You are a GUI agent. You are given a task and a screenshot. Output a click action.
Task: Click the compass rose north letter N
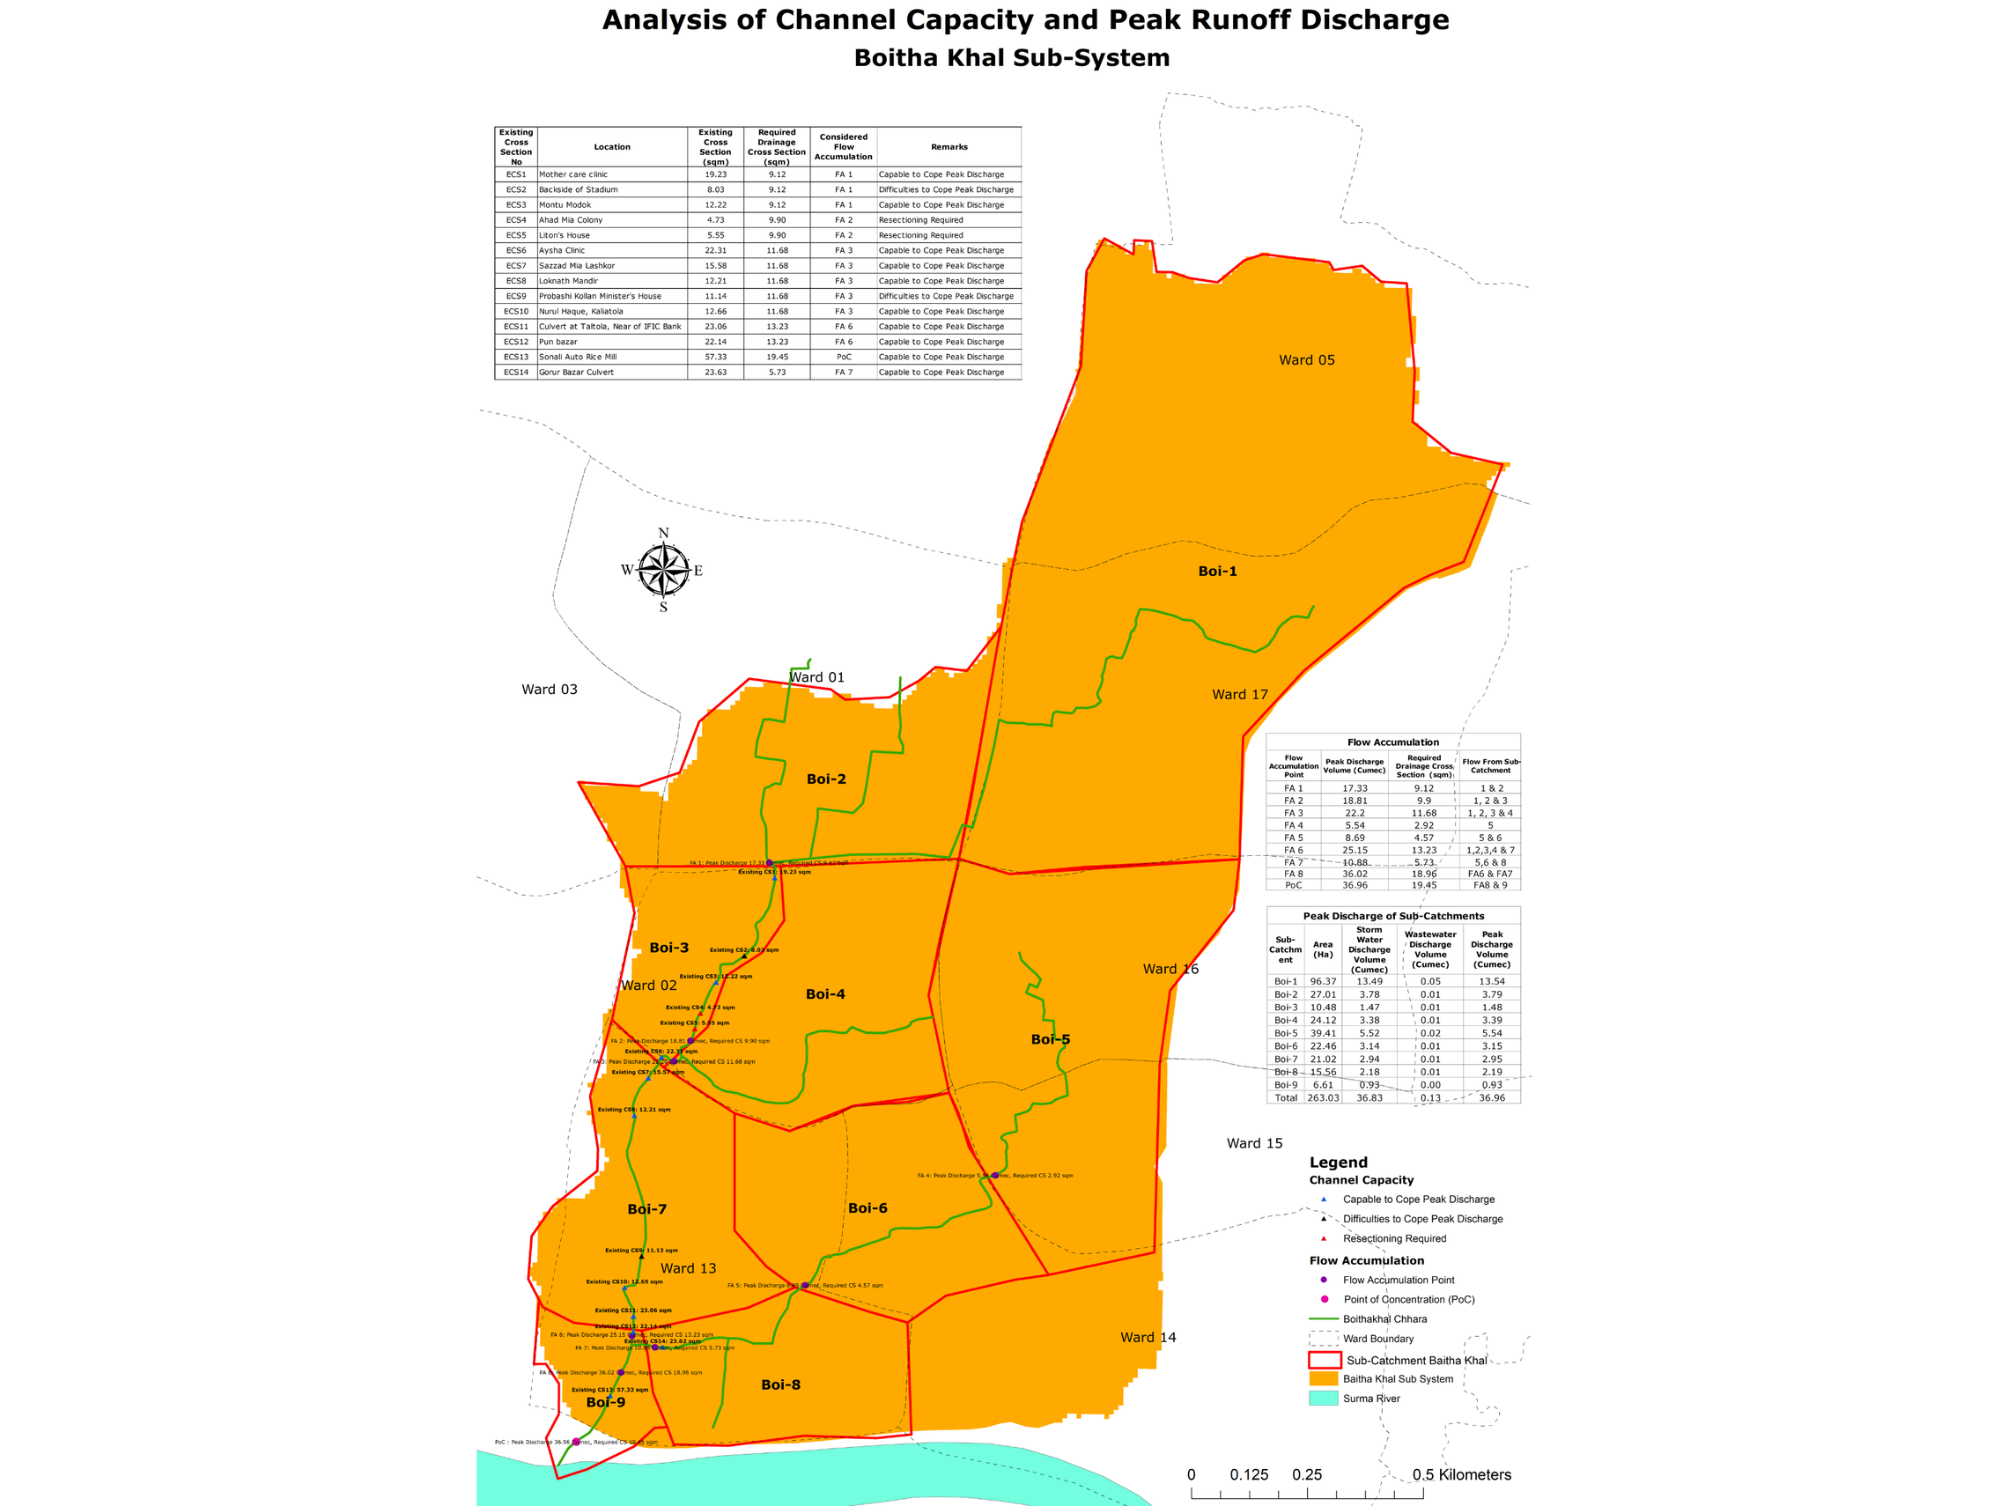663,533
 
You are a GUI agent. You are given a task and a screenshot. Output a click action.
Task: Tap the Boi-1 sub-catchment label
1217,571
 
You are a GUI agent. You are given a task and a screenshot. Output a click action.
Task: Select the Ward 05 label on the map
1306,360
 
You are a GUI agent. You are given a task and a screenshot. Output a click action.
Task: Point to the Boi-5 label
1051,1039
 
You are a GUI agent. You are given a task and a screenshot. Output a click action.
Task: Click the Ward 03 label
550,689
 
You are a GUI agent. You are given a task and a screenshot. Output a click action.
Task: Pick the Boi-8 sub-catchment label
780,1384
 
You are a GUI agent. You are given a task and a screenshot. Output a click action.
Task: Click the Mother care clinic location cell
573,174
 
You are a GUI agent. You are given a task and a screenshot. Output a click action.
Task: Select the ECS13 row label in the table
515,357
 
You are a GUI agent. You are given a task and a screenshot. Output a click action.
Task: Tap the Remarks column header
949,147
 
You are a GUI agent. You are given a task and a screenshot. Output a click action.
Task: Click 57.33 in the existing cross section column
715,357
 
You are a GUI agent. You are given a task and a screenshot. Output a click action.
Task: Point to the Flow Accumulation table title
1392,742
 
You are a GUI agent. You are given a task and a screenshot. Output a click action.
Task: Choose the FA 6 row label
1293,851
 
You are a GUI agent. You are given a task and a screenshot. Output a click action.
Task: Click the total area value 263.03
1323,1097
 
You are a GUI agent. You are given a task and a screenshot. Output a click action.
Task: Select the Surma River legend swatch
1324,1398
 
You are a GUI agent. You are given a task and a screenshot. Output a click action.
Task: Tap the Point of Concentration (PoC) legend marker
1325,1299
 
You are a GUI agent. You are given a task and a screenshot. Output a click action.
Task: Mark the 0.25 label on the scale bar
1306,1475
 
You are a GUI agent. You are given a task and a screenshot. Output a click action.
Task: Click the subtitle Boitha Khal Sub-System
1011,58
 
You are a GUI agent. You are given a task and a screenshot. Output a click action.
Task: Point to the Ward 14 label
1148,1337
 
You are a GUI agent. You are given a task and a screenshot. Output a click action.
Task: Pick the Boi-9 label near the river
606,1401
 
